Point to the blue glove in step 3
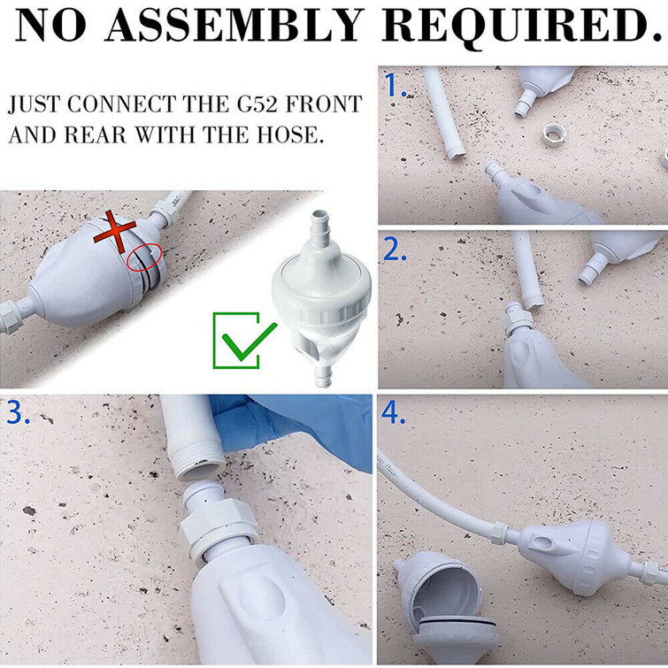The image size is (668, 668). [x=292, y=425]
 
